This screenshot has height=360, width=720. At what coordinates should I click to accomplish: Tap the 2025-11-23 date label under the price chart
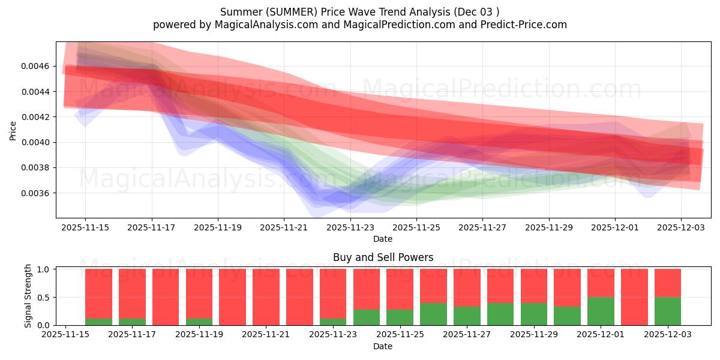tap(350, 228)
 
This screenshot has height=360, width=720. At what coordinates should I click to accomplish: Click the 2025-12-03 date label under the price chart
tap(681, 228)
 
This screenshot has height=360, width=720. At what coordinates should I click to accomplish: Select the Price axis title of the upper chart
tap(13, 130)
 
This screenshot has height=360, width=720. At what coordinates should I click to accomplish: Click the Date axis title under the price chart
tap(383, 239)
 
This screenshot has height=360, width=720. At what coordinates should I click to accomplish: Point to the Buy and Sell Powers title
tap(383, 257)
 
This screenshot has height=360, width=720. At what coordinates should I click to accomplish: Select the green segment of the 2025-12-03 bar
tap(668, 311)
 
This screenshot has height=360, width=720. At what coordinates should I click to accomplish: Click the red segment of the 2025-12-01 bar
tap(601, 283)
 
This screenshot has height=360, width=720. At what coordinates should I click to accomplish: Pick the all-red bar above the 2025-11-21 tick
tap(266, 297)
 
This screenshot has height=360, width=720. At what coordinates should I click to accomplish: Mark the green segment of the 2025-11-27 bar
tap(467, 316)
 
